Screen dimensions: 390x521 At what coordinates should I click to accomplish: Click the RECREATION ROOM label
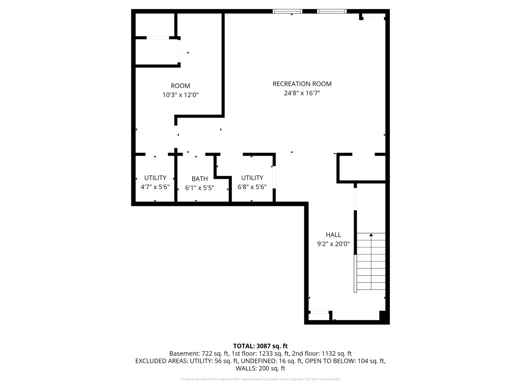302,84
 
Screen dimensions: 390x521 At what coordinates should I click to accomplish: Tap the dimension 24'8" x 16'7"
302,93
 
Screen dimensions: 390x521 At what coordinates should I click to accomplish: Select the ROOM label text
180,86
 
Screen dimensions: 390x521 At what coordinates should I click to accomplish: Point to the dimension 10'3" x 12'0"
180,95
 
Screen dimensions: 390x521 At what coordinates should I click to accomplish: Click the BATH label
200,179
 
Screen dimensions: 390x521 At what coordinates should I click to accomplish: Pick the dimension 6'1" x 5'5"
200,188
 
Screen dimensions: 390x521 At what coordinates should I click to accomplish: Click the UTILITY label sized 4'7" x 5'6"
155,178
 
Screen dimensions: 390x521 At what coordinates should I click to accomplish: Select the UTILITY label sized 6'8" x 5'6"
252,178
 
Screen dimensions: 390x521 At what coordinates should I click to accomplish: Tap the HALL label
333,235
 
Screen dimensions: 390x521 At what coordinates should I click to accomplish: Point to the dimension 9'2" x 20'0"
333,244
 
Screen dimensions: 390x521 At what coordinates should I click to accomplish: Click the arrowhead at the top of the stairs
371,235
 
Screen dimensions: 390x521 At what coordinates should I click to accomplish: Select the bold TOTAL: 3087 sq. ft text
260,346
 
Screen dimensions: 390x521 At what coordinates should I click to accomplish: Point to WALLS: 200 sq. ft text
260,368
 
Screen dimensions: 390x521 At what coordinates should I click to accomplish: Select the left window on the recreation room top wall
287,11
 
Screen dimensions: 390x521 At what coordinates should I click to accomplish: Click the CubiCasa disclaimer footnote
260,379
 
